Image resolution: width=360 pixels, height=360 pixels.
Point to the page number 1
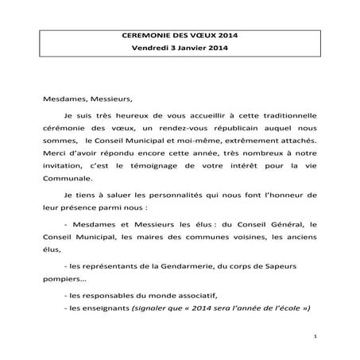pyautogui.click(x=315, y=337)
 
